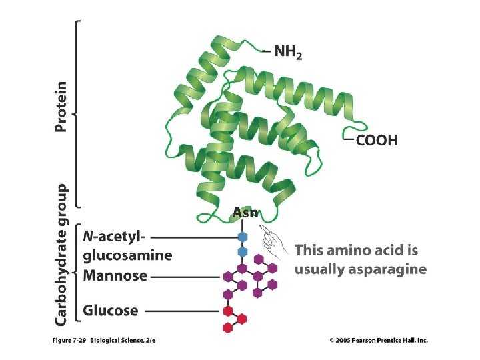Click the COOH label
377,140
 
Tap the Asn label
245,213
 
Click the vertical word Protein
61,107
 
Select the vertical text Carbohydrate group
61,255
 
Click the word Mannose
115,275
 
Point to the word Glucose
111,311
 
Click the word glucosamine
127,255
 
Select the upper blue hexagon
243,237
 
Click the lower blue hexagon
243,251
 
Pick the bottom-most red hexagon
227,327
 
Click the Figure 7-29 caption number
69,341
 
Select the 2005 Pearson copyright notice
379,341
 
